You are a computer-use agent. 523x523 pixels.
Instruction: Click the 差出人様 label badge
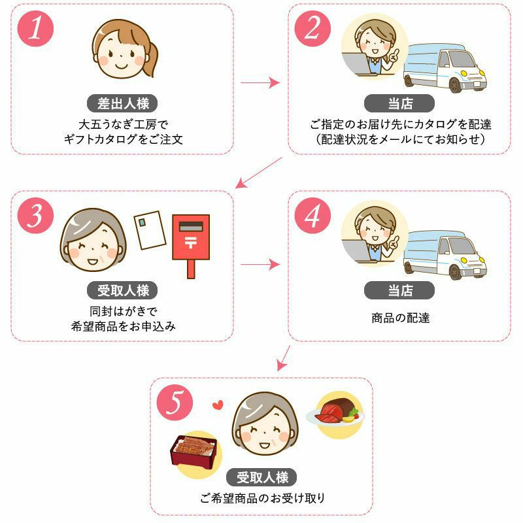(x=123, y=103)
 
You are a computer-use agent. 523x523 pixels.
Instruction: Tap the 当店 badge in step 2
(x=399, y=103)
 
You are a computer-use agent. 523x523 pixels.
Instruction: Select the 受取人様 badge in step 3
(x=123, y=290)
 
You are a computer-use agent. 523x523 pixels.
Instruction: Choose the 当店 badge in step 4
(x=399, y=290)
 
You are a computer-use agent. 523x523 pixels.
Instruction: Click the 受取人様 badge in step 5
(x=261, y=477)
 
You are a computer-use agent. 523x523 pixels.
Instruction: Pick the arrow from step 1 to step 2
(x=260, y=84)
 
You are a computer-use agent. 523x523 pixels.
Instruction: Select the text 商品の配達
(x=399, y=318)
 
